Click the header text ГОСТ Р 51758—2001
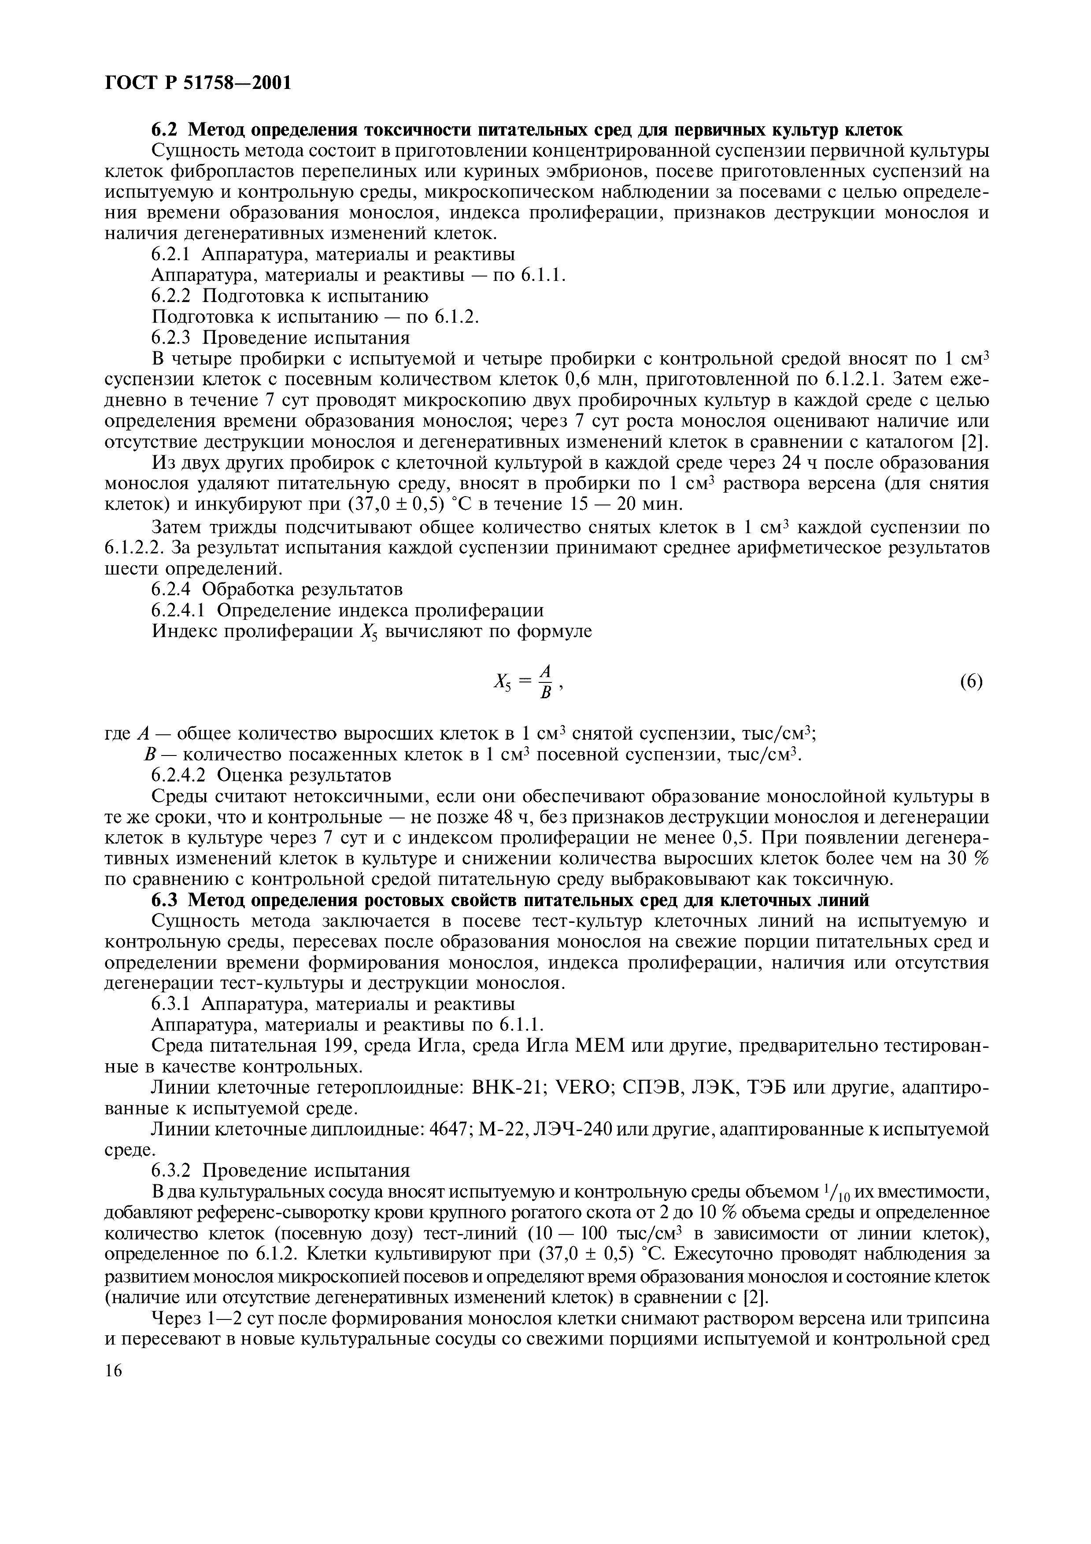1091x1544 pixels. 199,83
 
